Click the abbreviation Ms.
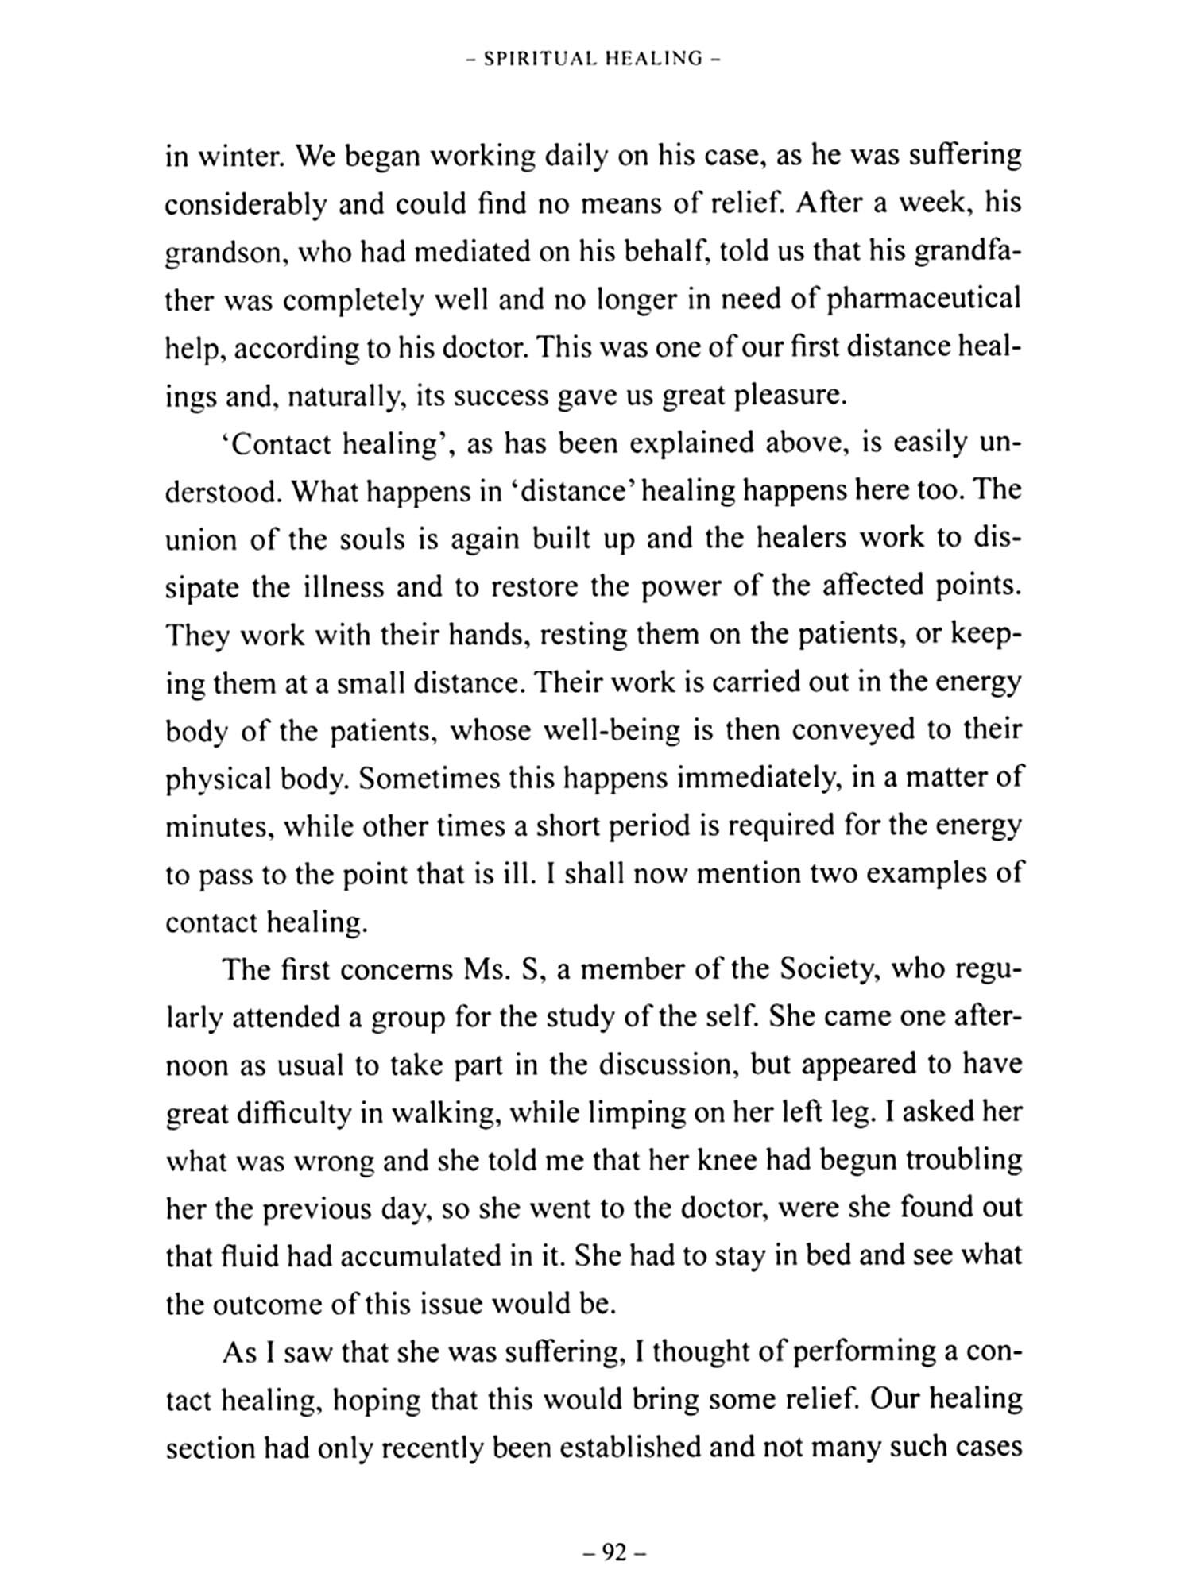pyautogui.click(x=484, y=970)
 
